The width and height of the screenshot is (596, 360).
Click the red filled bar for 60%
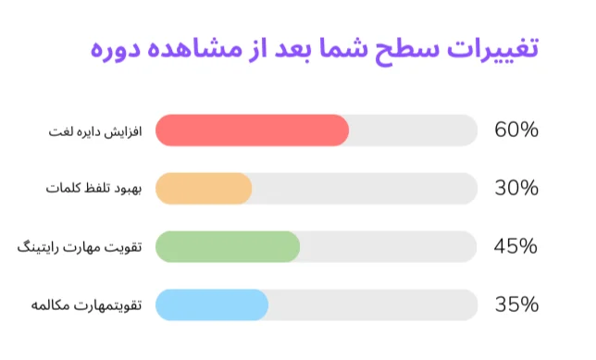tap(252, 130)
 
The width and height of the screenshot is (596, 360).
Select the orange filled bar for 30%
tap(204, 189)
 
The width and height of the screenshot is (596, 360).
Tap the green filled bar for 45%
tap(228, 246)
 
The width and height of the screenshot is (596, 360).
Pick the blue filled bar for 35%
tap(212, 304)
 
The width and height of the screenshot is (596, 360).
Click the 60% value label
tap(516, 130)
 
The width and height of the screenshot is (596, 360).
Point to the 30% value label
tap(516, 189)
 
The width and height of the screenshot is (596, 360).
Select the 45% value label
tap(516, 246)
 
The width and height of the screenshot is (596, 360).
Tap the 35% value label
tap(516, 304)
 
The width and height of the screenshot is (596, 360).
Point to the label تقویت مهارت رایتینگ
tap(77, 247)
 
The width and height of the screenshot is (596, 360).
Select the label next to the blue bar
tap(83, 304)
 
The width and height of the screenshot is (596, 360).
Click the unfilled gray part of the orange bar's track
tap(366, 189)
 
